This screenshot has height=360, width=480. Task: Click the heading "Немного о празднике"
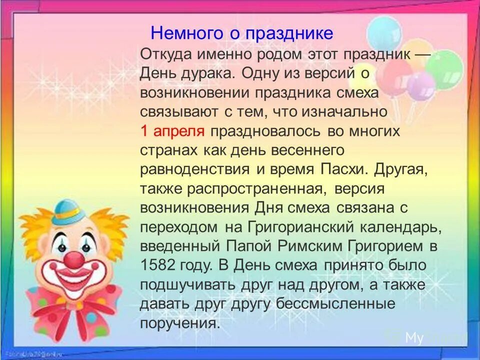click(x=242, y=33)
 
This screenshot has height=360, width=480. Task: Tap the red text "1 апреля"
click(x=172, y=131)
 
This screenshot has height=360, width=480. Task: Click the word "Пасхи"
click(x=342, y=168)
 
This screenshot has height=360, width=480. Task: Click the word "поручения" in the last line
click(x=179, y=322)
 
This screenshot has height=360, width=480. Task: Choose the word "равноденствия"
click(x=195, y=168)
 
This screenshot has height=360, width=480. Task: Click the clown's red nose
click(x=75, y=259)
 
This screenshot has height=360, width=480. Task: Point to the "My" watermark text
click(x=414, y=338)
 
